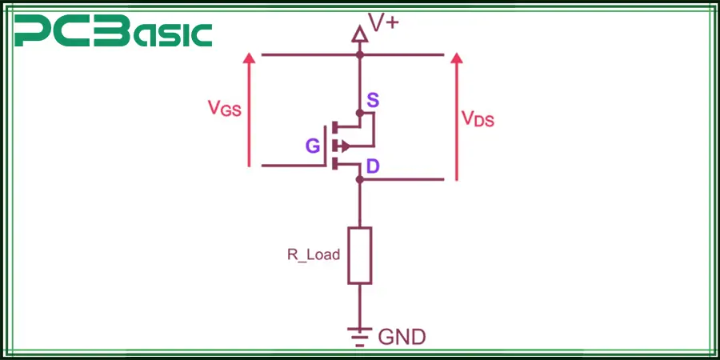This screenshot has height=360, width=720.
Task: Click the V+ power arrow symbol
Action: coord(360,33)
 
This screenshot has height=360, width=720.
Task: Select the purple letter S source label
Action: coord(373,101)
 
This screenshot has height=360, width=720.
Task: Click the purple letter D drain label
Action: coord(373,166)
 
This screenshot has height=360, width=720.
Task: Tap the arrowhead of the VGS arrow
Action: coord(250,59)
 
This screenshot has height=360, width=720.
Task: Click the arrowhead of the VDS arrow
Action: coord(457,59)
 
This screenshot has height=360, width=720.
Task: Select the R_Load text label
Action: coord(314,255)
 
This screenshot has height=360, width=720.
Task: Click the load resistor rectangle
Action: coord(359,255)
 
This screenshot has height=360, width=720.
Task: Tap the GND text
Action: coord(402,337)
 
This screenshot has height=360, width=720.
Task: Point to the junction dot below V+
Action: coord(360,55)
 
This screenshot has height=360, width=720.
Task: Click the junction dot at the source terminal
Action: coord(360,113)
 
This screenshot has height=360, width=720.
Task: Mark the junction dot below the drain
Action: coord(360,179)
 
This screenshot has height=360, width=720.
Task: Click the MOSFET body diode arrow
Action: coord(344,146)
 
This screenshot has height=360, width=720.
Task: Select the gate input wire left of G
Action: coord(288,166)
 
